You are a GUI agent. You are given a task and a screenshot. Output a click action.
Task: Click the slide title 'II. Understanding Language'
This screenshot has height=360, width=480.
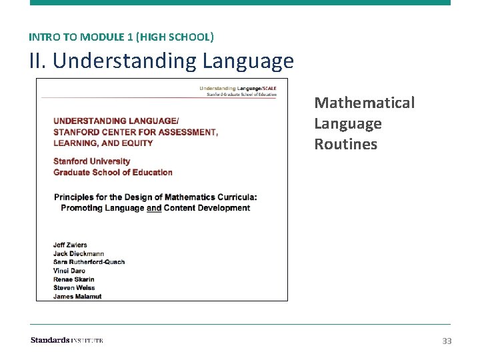coord(161,61)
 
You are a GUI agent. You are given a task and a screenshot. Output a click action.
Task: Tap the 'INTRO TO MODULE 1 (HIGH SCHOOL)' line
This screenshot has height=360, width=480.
coord(121,37)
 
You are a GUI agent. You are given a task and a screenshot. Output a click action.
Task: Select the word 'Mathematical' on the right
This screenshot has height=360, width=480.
coord(364,103)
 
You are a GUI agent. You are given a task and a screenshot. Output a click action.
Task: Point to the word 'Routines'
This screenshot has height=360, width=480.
coord(345,144)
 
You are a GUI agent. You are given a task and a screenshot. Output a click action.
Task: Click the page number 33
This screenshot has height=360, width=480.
coord(447,341)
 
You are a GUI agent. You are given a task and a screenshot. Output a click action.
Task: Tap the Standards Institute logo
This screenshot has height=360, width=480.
coord(67,340)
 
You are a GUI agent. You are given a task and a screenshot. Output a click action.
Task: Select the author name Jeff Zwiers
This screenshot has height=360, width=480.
coord(70,245)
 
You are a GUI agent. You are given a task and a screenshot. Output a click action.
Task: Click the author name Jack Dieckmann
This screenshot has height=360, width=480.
coord(78,253)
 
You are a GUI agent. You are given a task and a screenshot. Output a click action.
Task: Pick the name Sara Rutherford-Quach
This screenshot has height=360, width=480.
coord(89,262)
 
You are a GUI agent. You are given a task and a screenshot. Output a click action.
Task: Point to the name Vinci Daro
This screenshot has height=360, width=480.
coord(69,271)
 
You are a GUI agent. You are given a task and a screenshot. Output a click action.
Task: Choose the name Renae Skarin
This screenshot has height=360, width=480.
coord(73,279)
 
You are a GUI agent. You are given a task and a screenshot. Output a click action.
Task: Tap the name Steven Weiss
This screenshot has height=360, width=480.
coord(74,288)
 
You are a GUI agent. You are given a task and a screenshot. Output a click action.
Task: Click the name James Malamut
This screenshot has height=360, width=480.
coord(77,297)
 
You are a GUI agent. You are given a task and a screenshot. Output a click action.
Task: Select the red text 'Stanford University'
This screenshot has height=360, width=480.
coord(91,161)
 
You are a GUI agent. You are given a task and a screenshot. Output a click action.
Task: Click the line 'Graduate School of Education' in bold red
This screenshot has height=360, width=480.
coord(113,172)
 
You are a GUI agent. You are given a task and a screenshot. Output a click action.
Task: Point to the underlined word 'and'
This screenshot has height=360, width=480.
coord(154,208)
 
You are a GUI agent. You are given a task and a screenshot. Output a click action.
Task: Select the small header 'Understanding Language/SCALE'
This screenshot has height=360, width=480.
coord(238,88)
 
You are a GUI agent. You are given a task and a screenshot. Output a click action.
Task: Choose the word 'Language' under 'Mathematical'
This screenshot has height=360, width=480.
coord(348,123)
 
